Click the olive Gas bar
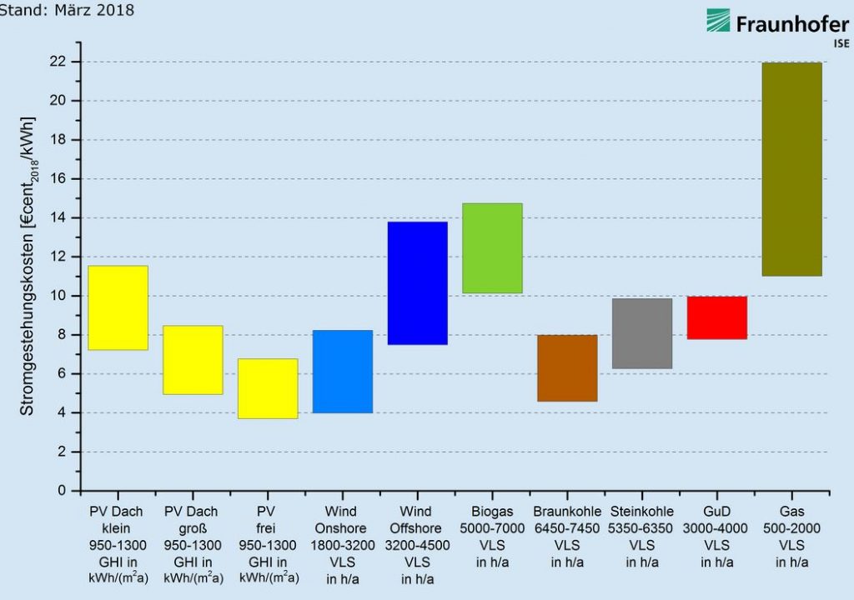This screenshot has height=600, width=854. [791, 169]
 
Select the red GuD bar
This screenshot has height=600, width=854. [716, 317]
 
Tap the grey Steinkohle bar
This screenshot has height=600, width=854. [641, 333]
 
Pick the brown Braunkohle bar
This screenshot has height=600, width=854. [567, 368]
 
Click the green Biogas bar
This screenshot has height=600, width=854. [492, 248]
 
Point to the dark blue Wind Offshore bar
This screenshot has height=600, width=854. [417, 283]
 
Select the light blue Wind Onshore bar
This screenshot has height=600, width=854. [342, 372]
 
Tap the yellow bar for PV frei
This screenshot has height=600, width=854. [268, 388]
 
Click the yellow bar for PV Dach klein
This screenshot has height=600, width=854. [118, 308]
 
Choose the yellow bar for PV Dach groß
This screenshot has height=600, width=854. [193, 360]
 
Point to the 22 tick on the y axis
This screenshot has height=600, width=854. [77, 62]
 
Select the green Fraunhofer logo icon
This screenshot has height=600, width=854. [718, 21]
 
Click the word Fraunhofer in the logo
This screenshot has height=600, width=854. [791, 24]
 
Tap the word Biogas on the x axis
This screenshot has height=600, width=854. [492, 512]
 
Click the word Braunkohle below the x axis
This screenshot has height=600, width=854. [567, 512]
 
